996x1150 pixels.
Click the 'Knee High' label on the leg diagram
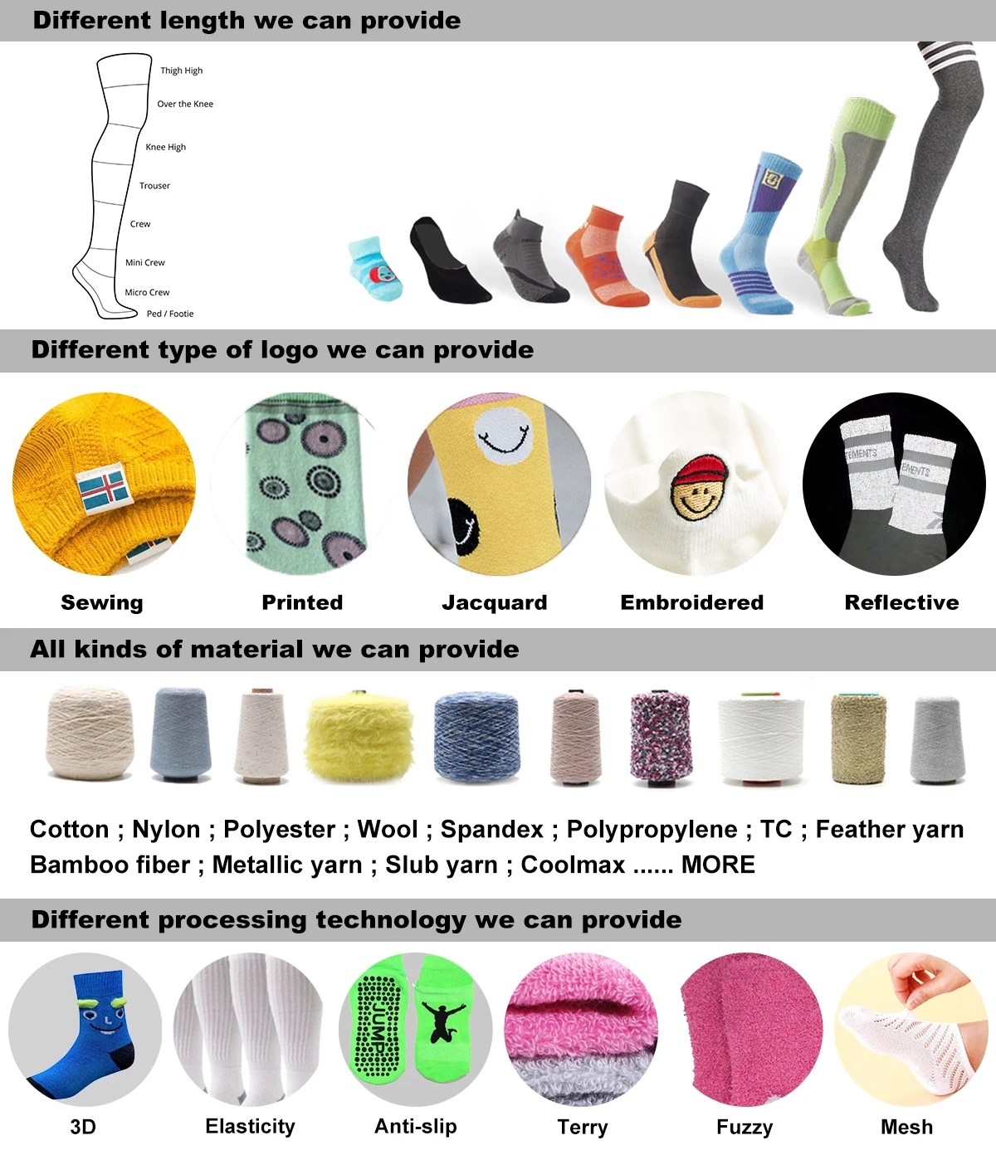pyautogui.click(x=165, y=147)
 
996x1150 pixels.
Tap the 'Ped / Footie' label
pyautogui.click(x=170, y=314)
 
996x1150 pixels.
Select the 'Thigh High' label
pyautogui.click(x=181, y=71)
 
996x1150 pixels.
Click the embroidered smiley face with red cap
pyautogui.click(x=699, y=488)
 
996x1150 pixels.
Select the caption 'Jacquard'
pyautogui.click(x=494, y=602)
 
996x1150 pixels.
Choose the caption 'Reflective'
pyautogui.click(x=901, y=602)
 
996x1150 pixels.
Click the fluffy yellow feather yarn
pyautogui.click(x=359, y=735)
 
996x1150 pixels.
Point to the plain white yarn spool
pyautogui.click(x=760, y=738)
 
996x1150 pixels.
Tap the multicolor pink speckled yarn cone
pyautogui.click(x=661, y=737)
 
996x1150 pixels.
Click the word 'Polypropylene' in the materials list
pyautogui.click(x=652, y=829)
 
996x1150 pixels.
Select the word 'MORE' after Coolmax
pyautogui.click(x=718, y=865)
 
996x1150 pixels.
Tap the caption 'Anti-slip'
pyautogui.click(x=415, y=1126)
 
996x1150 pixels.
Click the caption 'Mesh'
pyautogui.click(x=906, y=1127)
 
